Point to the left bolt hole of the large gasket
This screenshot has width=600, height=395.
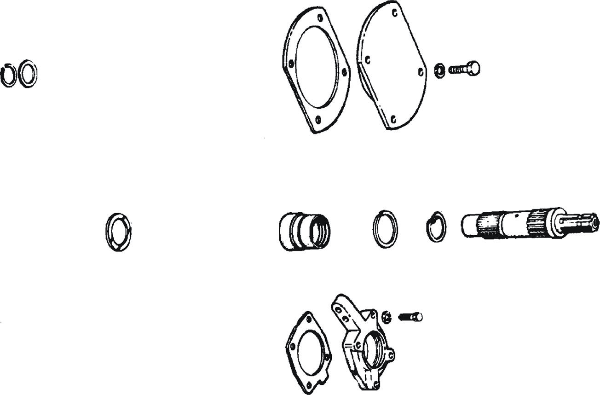point(290,64)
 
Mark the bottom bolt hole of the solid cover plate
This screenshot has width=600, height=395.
point(393,119)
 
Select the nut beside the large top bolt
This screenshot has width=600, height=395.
point(439,70)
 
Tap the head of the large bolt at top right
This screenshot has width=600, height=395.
point(474,68)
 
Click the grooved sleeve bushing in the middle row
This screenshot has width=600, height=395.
point(304,231)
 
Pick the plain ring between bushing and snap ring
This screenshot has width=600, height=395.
point(385,229)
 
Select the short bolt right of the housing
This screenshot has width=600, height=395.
point(411,317)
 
